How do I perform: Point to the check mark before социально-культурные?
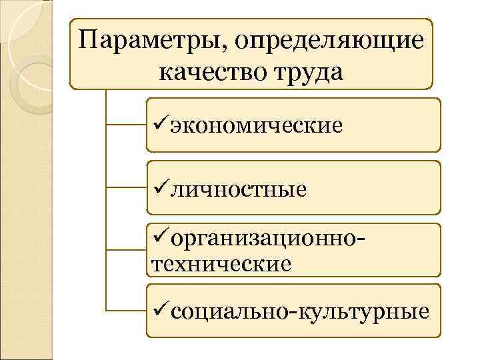(161, 309)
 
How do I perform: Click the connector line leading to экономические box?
(127, 124)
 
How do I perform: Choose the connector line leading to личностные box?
(127, 188)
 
